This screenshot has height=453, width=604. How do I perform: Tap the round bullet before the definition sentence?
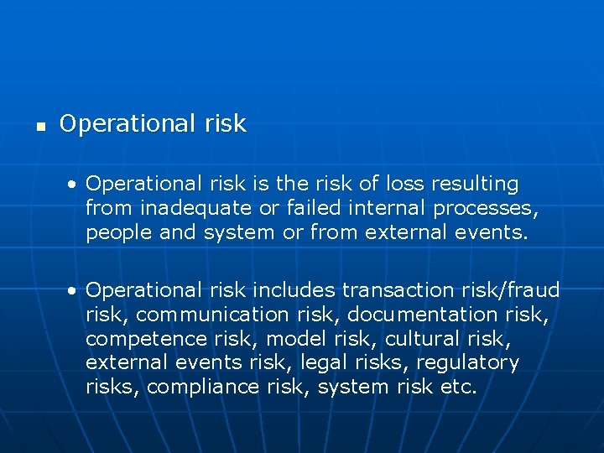point(75,184)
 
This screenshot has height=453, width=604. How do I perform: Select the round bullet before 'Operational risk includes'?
point(75,290)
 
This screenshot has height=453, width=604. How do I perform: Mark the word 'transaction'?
point(399,290)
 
